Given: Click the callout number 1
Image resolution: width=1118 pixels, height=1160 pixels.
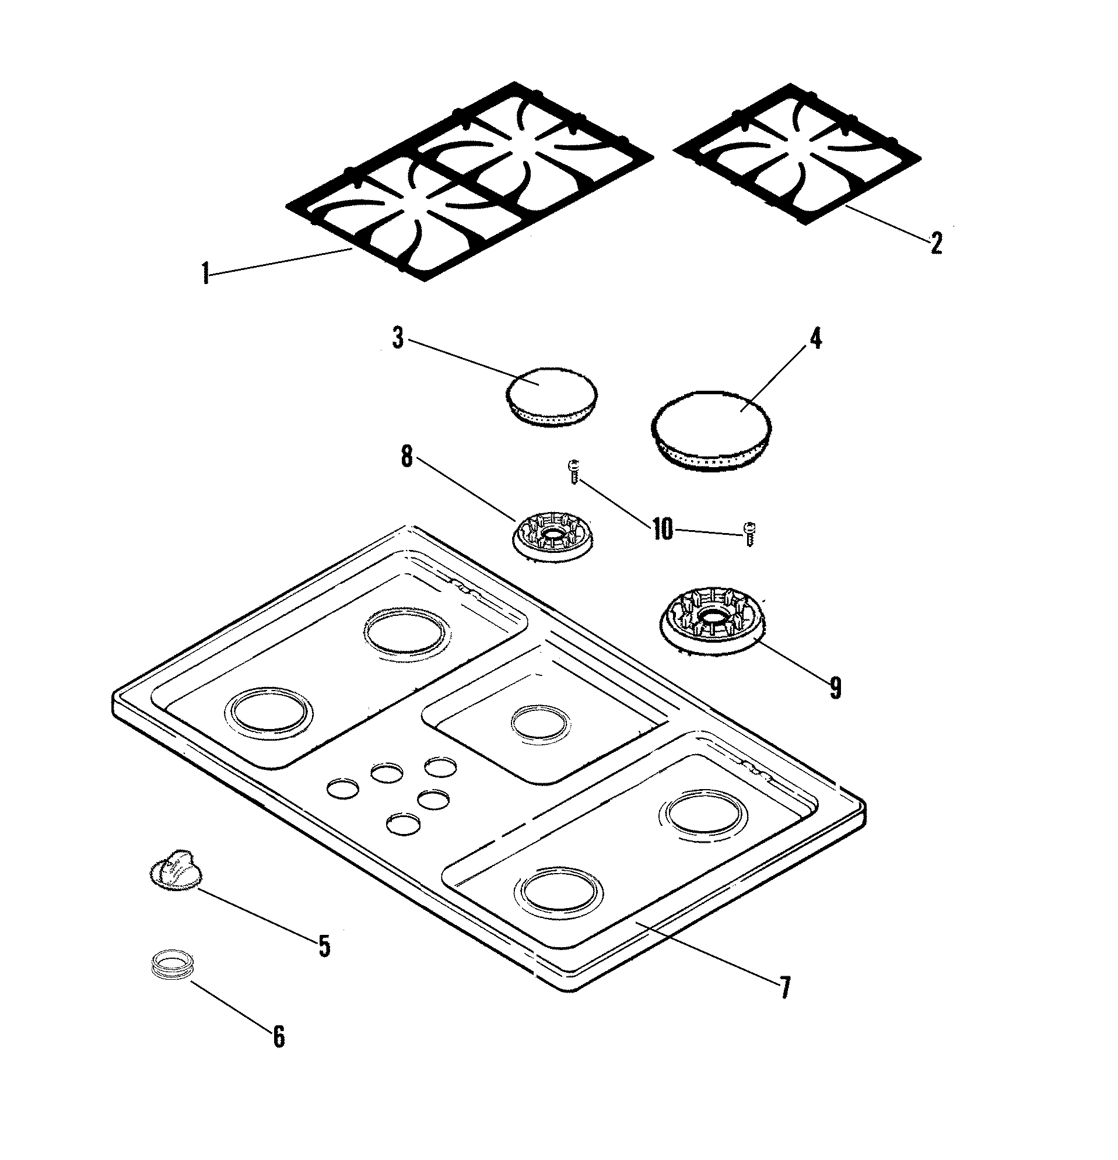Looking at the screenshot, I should pos(205,274).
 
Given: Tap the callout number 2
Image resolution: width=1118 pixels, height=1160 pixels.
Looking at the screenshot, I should pos(935,243).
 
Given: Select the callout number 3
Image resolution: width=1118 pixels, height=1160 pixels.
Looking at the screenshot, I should pos(398,338).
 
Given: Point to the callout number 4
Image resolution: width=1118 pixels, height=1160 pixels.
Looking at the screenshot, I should pos(815,338).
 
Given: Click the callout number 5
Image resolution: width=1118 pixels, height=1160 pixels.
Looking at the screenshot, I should pos(324,946).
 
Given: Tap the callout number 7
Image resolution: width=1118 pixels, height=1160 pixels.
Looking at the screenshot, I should pos(784,987).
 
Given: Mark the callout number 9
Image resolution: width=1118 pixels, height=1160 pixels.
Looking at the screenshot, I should pos(835,688).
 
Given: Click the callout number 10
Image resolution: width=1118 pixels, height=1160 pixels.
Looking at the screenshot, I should pos(663,528).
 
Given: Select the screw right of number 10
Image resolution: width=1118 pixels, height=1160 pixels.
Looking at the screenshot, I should pos(749,532).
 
